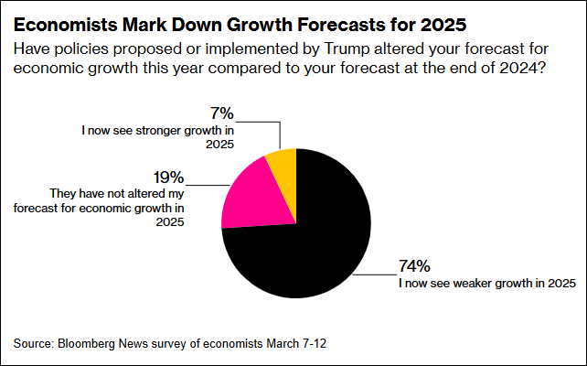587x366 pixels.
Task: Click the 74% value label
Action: [414, 267]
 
